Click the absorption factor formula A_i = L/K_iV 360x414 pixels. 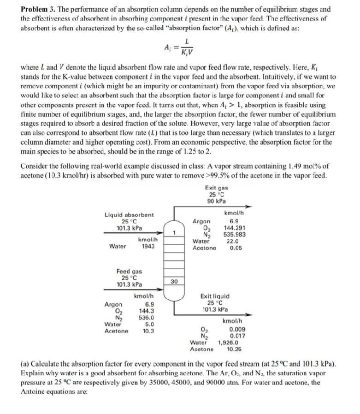click(179, 45)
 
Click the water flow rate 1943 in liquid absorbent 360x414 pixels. click(148, 246)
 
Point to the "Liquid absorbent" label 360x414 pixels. click(130, 215)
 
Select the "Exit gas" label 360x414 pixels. click(217, 189)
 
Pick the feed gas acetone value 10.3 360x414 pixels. click(148, 331)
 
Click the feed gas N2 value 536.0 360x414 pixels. click(148, 318)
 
